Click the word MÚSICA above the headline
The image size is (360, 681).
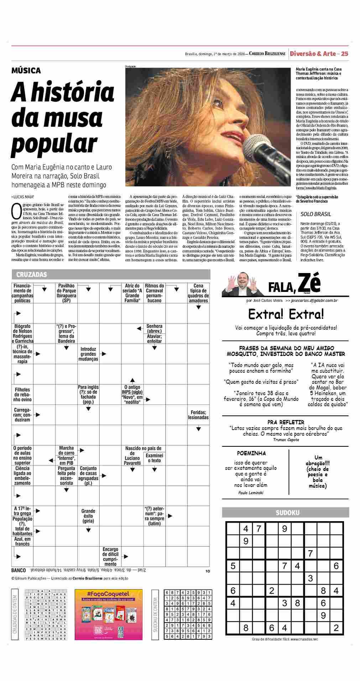26,70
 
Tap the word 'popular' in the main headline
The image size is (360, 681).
54,143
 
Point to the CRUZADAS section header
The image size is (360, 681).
31,274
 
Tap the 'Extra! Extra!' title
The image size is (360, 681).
286,314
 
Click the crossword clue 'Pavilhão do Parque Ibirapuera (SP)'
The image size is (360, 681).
66,293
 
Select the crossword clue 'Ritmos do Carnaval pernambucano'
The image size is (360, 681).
155,293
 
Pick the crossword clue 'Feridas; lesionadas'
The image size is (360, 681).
198,415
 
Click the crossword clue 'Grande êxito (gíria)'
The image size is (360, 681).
88,516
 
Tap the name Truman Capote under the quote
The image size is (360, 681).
286,440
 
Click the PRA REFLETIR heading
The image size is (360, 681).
286,422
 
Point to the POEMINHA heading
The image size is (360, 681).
251,453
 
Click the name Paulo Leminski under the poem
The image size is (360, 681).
251,493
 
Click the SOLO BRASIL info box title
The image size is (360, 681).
315,214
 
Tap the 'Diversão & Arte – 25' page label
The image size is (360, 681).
319,54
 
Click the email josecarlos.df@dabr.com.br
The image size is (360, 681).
314,300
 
